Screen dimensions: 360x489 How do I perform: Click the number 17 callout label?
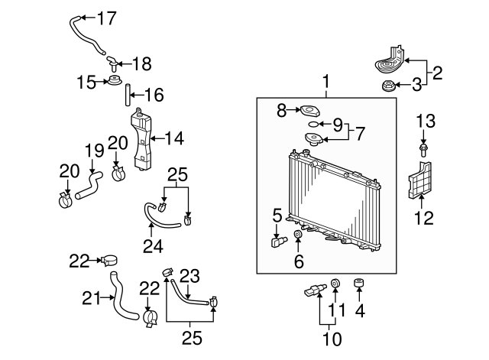(x=108, y=17)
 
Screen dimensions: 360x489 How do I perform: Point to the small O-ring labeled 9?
(x=312, y=122)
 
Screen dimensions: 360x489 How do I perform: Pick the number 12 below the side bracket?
(x=423, y=219)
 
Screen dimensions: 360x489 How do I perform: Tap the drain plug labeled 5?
(x=277, y=242)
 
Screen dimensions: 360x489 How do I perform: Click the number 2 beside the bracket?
(x=438, y=73)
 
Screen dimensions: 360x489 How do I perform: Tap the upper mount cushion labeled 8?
(x=309, y=110)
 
